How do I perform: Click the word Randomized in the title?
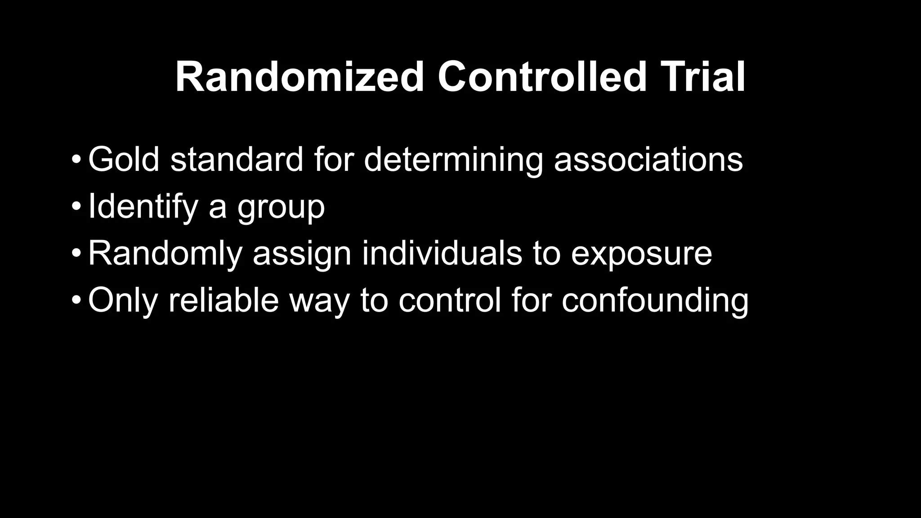click(300, 77)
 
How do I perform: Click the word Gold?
click(124, 159)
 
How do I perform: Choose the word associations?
click(648, 159)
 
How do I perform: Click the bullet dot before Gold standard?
click(76, 160)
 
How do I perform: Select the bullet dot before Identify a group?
click(76, 207)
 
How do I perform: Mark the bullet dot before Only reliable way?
click(76, 300)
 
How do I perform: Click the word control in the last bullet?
click(449, 300)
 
